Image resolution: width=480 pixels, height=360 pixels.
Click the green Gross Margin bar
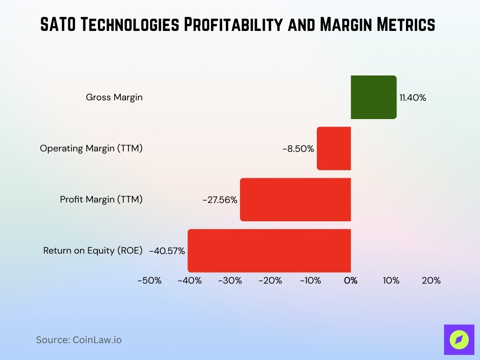[374, 97]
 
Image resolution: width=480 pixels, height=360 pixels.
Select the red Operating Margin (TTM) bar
[334, 148]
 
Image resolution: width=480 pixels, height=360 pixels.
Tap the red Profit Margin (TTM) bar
[295, 199]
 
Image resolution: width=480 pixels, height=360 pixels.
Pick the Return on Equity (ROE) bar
[269, 250]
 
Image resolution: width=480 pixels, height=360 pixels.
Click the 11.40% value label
[412, 97]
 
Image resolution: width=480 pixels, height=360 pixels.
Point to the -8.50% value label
[298, 149]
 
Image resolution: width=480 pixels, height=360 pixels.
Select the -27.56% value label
[220, 200]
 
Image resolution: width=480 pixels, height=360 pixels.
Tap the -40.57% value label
[167, 251]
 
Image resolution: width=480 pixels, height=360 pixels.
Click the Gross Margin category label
[114, 97]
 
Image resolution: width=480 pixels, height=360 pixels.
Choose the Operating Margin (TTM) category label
[91, 149]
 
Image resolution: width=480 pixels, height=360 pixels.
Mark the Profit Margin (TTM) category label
[101, 200]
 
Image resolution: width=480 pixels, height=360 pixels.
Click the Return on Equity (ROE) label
[93, 251]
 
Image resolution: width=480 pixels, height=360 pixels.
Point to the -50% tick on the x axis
[150, 280]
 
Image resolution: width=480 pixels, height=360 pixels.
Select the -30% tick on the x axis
[230, 280]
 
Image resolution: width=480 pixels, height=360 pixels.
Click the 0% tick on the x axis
[351, 280]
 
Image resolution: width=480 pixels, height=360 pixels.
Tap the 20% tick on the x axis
[431, 280]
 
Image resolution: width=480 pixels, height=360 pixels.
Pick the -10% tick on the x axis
[310, 280]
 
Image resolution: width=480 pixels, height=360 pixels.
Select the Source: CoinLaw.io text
[79, 340]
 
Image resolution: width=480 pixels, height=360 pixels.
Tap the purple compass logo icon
[459, 339]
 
